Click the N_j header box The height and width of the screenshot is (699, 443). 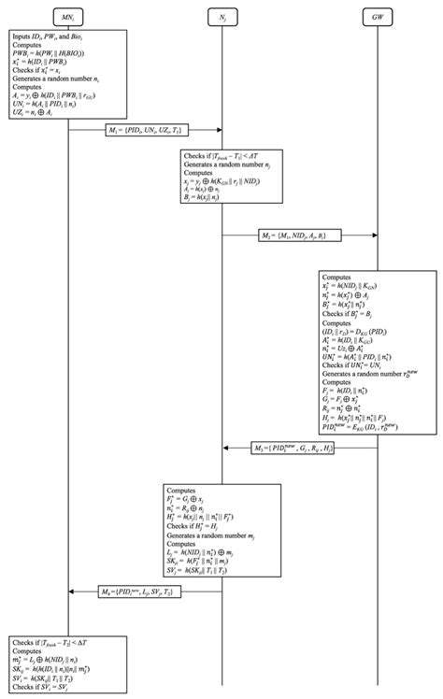[221, 17]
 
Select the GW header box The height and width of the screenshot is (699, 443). [377, 17]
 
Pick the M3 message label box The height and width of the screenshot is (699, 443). [299, 449]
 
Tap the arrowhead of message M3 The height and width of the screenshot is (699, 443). [225, 449]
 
